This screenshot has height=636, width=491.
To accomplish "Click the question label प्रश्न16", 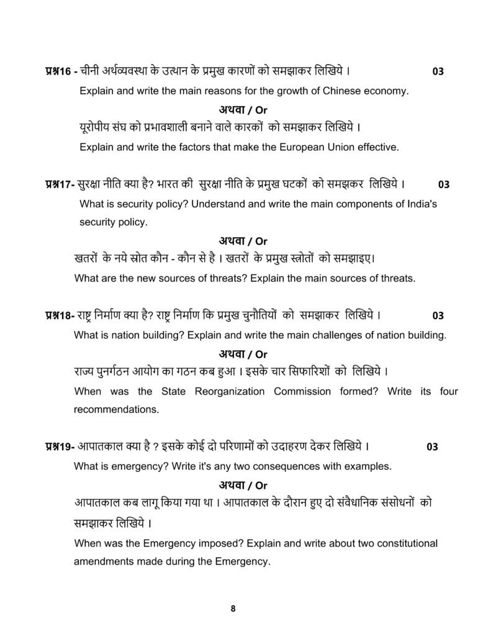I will coord(59,71).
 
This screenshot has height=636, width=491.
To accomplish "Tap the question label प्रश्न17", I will coord(59,184).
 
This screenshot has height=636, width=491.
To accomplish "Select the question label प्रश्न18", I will coord(59,315).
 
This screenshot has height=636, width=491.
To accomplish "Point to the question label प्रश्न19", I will coord(59,447).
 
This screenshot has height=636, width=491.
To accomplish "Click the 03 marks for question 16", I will coord(438,71).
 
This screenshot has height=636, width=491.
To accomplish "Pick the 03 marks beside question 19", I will coord(432,447).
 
